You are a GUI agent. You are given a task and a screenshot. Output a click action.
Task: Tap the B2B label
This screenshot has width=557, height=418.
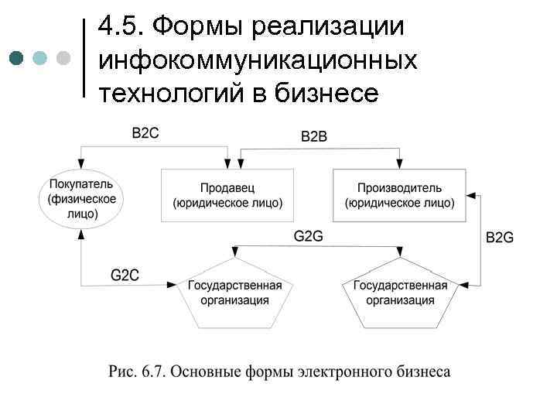tap(314, 136)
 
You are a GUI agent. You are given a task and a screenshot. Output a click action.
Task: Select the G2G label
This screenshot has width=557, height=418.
tap(308, 236)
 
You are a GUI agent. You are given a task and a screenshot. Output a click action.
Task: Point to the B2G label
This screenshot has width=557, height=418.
tap(500, 238)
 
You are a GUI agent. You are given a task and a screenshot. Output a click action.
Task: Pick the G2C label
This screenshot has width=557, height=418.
tap(125, 275)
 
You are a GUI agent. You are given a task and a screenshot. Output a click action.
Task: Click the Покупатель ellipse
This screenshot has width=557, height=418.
tap(80, 200)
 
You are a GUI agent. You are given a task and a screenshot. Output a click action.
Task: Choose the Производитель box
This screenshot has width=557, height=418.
tap(399, 195)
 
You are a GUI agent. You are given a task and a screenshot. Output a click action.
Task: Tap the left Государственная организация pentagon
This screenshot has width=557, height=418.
tap(234, 293)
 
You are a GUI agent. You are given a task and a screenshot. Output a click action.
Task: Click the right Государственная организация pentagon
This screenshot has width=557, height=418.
tap(400, 293)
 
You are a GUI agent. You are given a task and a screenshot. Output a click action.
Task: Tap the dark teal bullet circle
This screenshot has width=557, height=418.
tap(18, 58)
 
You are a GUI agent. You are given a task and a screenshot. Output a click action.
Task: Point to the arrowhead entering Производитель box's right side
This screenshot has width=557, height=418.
tap(471, 196)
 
